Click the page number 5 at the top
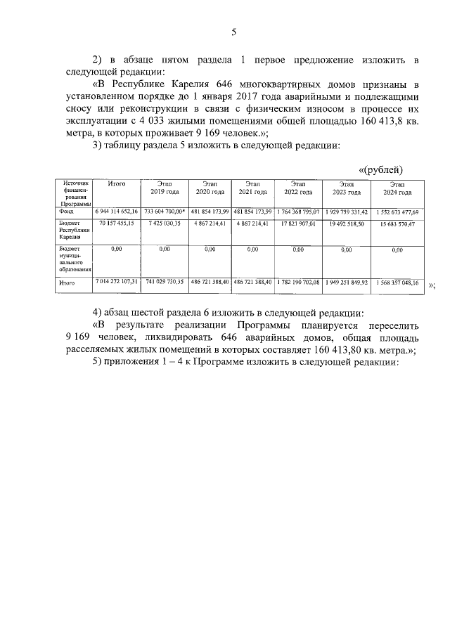(x=233, y=32)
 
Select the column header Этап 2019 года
(x=165, y=188)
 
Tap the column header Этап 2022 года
(x=298, y=188)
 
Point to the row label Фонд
(x=66, y=211)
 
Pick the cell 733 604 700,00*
(x=165, y=211)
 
